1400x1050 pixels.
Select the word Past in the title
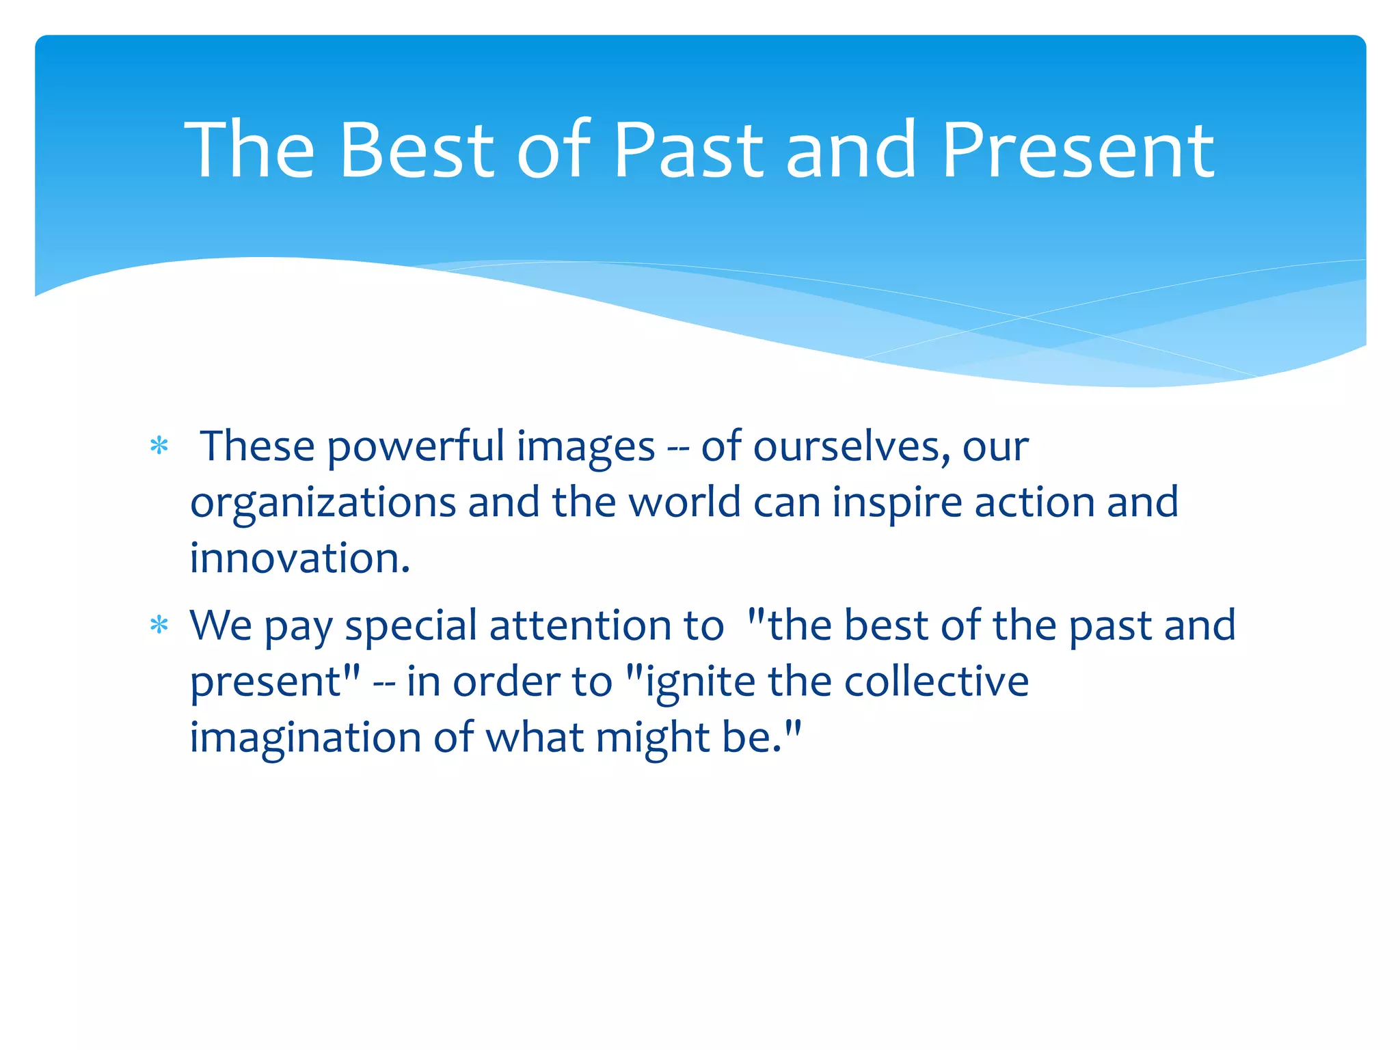point(688,150)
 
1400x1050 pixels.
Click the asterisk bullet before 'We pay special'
point(159,626)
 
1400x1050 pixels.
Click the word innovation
point(299,559)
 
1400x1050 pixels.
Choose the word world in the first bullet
point(684,503)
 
